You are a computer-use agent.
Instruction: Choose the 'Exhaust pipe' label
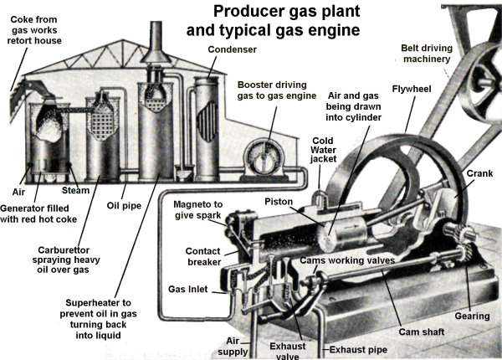click(x=358, y=348)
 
